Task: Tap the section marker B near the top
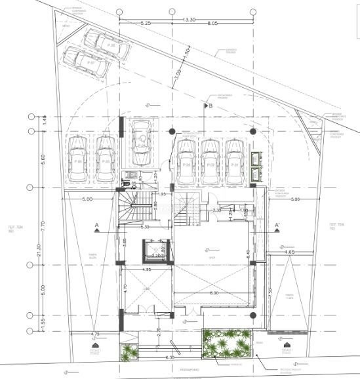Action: point(209,104)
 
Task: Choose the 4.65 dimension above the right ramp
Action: point(289,252)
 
